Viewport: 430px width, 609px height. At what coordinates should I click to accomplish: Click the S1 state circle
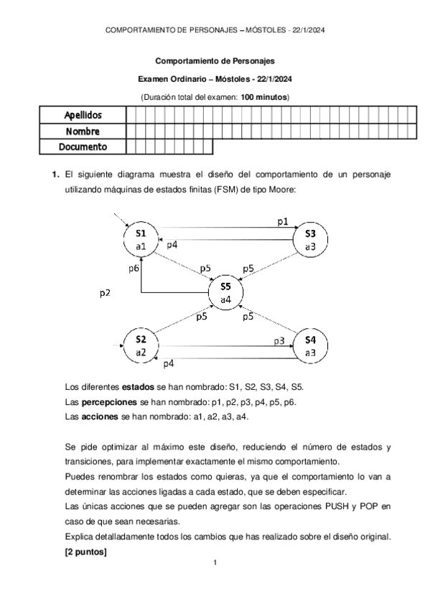click(141, 239)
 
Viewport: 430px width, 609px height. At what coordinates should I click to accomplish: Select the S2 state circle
click(141, 345)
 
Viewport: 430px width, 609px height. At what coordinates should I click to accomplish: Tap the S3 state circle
click(310, 239)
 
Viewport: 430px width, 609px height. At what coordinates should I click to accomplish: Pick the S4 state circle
click(310, 345)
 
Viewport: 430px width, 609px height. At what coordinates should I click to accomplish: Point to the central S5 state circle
click(225, 292)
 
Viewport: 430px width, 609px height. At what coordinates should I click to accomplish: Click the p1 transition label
click(283, 222)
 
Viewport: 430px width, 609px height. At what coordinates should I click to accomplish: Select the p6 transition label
click(133, 268)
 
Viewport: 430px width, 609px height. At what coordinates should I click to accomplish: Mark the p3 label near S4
click(279, 340)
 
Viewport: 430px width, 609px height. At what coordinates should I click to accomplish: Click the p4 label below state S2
click(169, 364)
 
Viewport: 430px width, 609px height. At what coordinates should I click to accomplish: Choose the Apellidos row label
click(83, 115)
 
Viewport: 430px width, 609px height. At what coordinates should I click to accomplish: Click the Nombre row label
click(83, 131)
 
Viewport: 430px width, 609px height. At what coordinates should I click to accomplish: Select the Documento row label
click(83, 147)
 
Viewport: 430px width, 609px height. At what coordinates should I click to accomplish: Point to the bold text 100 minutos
click(264, 97)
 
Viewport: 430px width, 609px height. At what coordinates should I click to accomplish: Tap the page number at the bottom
click(215, 562)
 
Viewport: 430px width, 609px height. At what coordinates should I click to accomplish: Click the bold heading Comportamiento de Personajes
click(215, 62)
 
